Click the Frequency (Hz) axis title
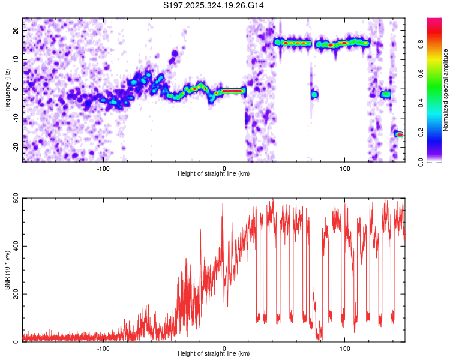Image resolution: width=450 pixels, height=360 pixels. click(x=7, y=89)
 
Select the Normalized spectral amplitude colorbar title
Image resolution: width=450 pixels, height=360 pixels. click(x=446, y=90)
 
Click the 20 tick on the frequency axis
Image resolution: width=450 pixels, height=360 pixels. click(x=16, y=30)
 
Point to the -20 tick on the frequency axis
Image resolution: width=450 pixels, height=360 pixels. click(x=15, y=147)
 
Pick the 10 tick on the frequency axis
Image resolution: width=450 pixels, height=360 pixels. click(x=16, y=59)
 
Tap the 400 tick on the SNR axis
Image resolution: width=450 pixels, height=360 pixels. click(x=14, y=247)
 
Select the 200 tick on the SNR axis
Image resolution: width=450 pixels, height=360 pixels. click(x=14, y=294)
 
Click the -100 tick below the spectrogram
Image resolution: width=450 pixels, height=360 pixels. click(x=103, y=168)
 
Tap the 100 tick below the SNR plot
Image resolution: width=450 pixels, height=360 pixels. click(x=345, y=348)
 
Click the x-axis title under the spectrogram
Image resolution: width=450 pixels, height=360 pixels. click(x=214, y=174)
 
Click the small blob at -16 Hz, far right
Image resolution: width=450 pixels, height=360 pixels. click(x=399, y=134)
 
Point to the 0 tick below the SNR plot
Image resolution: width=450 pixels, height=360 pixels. click(x=224, y=348)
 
